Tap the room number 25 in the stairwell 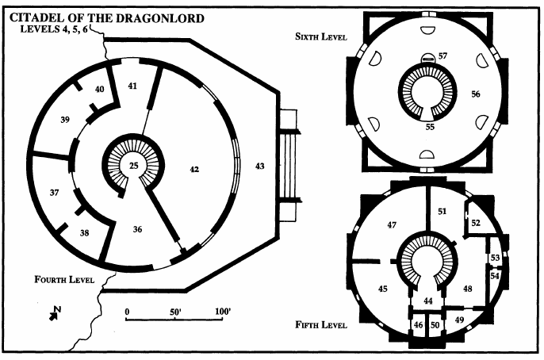click(134, 165)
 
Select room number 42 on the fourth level click(192, 169)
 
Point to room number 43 click(260, 165)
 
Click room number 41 click(132, 85)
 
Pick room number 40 click(99, 90)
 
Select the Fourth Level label click(64, 280)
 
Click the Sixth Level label click(320, 36)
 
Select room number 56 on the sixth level click(476, 94)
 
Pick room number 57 click(442, 56)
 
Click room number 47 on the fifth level click(391, 226)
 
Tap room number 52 click(476, 224)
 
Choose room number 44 click(428, 301)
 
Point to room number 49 click(459, 319)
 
